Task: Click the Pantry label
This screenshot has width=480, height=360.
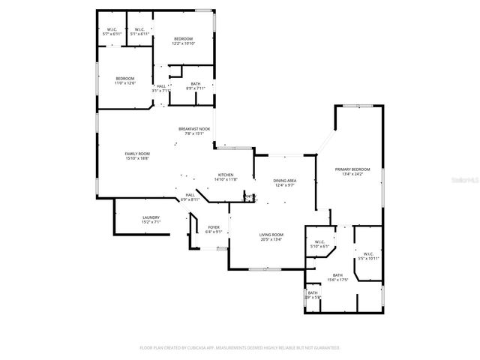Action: coord(249,197)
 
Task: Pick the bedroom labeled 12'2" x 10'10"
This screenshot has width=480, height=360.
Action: coord(184,40)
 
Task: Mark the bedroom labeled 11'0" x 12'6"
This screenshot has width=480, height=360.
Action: coord(125,80)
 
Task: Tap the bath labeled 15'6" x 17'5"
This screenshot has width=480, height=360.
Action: coord(337,277)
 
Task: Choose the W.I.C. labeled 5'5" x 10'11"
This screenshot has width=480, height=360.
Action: coord(368,256)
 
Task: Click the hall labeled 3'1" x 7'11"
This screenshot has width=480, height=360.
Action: coord(161,88)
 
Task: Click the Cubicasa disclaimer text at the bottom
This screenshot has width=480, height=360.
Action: coord(240,348)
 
